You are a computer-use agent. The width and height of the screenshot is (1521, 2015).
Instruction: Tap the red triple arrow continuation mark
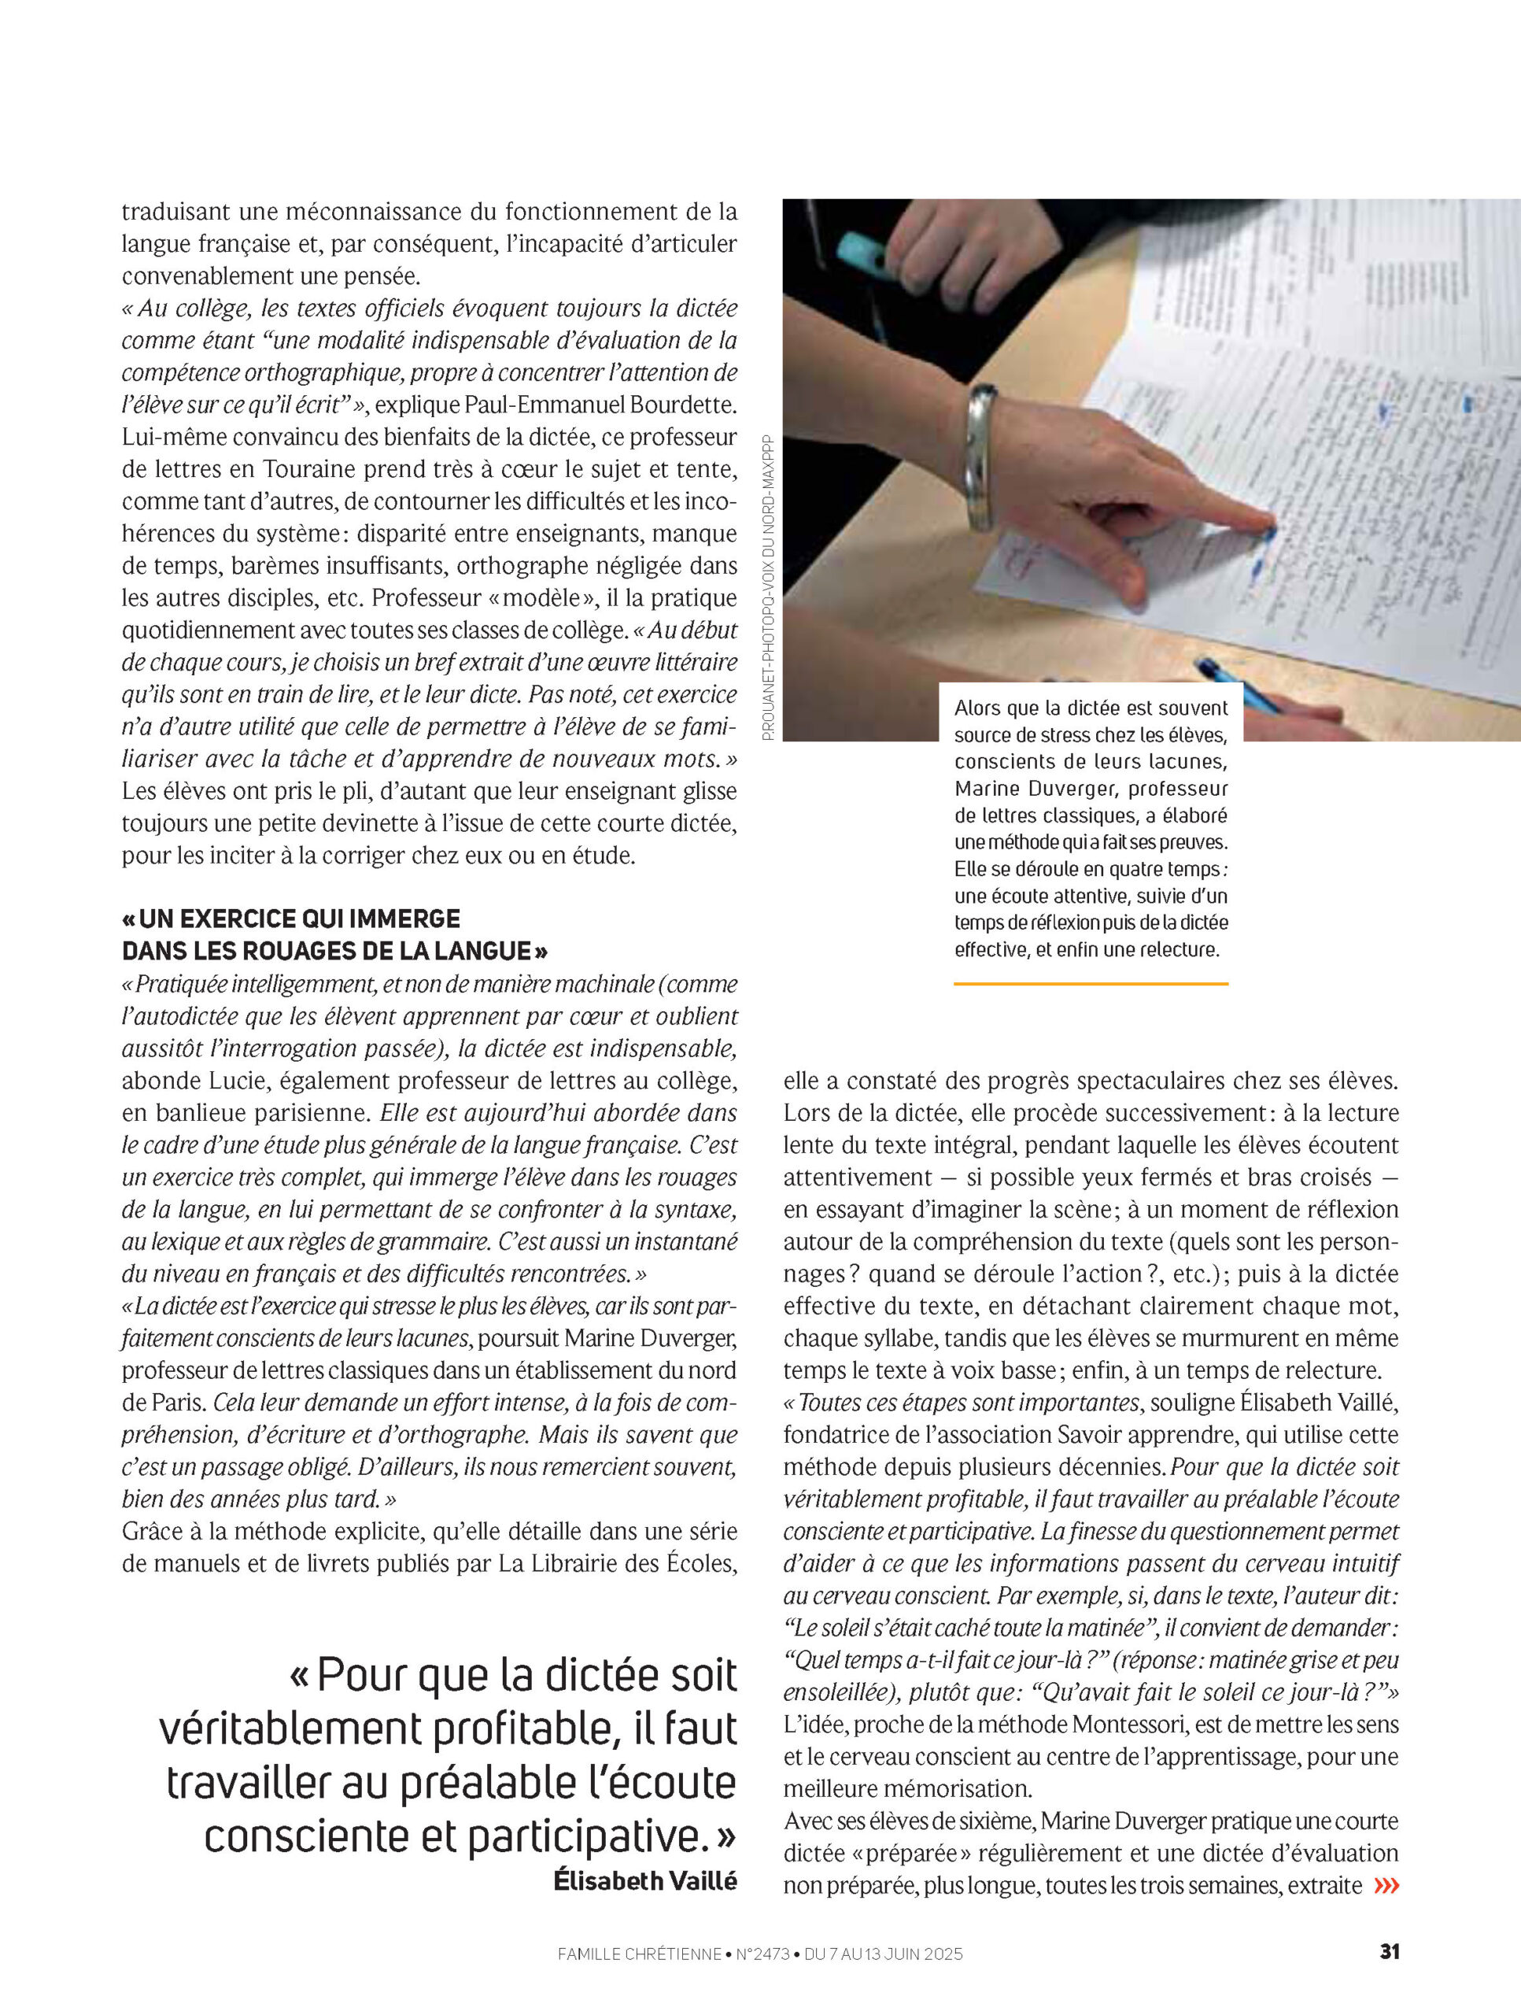[x=1386, y=1885]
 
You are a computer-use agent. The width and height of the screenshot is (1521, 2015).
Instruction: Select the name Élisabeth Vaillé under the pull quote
[x=644, y=1880]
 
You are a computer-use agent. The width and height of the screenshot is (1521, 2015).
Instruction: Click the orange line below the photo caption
[x=1091, y=984]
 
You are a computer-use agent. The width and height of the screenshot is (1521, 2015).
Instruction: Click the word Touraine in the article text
[x=308, y=469]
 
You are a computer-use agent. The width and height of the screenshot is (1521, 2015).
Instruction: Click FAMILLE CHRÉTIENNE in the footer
[x=638, y=1954]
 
